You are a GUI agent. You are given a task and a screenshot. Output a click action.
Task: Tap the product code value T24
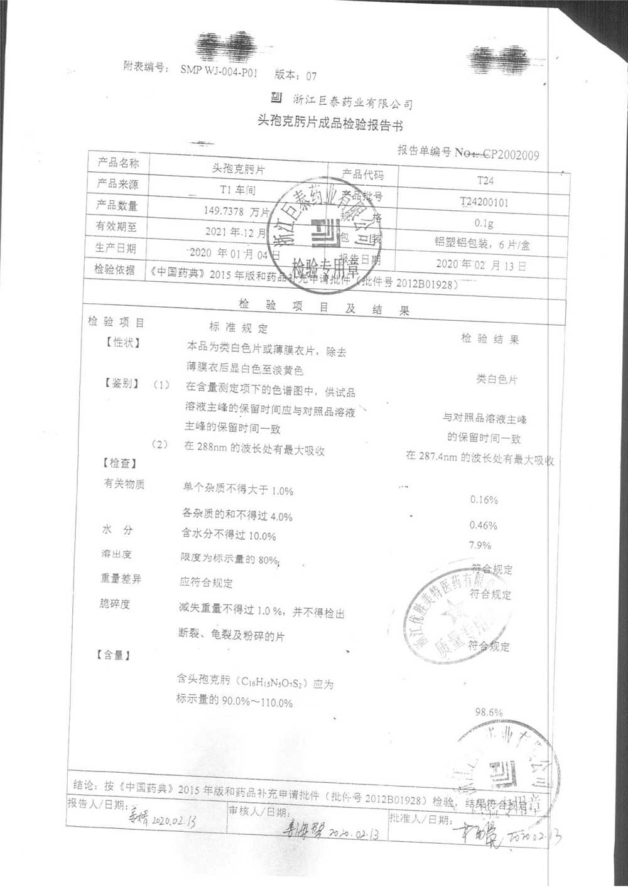[x=485, y=180]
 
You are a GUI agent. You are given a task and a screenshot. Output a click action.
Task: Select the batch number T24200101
[x=484, y=202]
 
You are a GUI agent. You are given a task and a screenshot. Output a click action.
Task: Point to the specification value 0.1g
[x=484, y=223]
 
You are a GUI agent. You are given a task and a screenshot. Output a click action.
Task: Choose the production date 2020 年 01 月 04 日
[x=234, y=254]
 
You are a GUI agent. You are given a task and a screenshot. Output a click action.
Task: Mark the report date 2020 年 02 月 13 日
[x=481, y=265]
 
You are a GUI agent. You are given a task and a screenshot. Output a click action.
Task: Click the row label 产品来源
[x=117, y=184]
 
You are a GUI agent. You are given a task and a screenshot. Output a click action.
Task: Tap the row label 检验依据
[x=115, y=269]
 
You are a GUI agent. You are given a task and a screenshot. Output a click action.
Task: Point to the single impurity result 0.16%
[x=484, y=500]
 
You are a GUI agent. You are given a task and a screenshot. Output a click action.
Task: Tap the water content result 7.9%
[x=480, y=545]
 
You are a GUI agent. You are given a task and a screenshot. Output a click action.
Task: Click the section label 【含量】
[x=114, y=655]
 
